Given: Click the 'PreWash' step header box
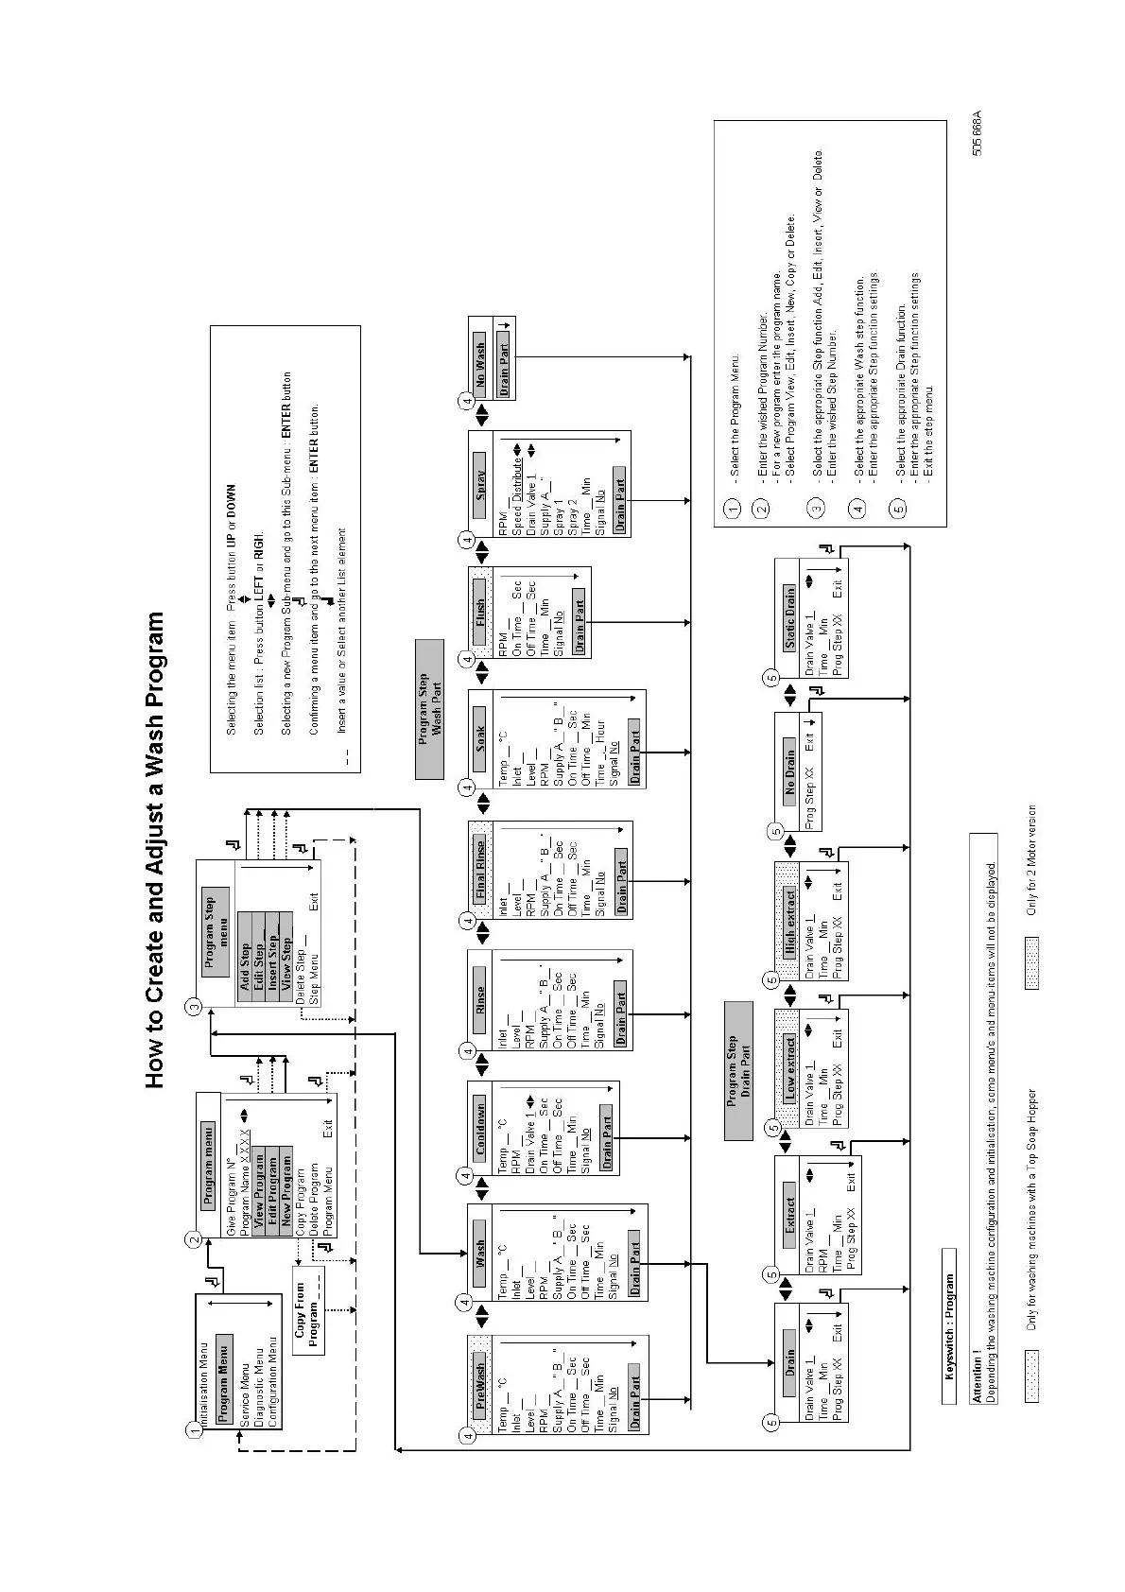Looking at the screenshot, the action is point(480,1387).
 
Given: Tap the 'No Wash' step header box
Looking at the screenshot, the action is point(480,358).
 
